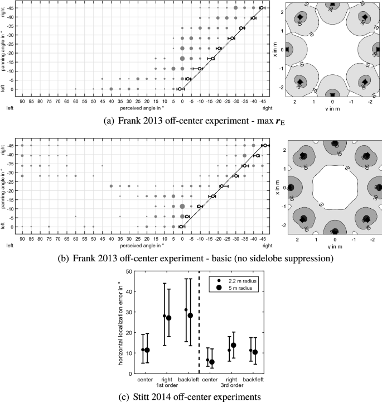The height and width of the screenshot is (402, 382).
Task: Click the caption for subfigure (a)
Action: click(191, 118)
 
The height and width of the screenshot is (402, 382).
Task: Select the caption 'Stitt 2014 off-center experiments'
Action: click(191, 395)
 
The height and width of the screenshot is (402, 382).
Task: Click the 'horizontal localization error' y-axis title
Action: click(119, 321)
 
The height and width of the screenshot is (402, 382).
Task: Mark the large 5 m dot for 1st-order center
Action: click(147, 350)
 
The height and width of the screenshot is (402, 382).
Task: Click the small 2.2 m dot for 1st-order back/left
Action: click(186, 310)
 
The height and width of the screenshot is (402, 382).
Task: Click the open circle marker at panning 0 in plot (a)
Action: click(180, 89)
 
